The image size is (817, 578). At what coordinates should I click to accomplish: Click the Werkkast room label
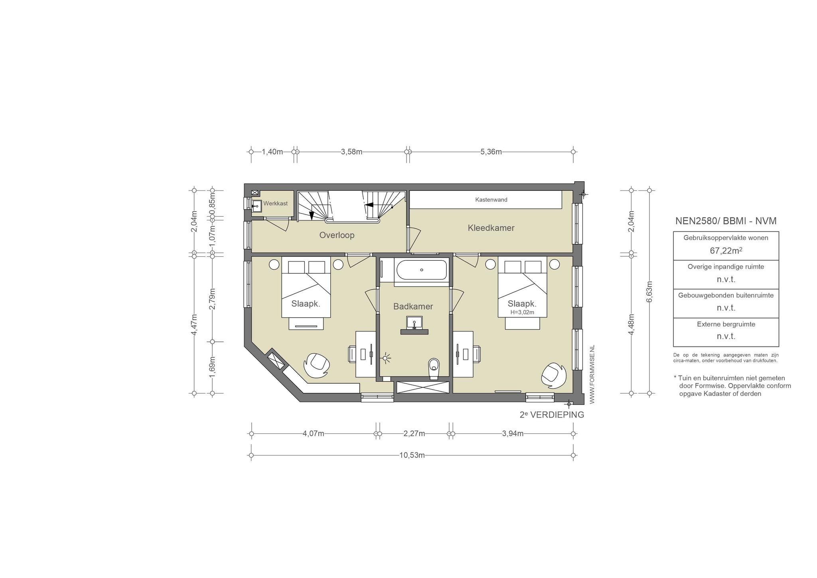pos(275,204)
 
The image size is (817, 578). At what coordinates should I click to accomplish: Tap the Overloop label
pos(337,235)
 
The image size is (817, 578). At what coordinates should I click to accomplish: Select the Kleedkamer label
pos(491,228)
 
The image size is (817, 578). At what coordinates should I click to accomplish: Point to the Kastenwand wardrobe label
pos(491,200)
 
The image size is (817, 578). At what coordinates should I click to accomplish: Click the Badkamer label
pos(413,307)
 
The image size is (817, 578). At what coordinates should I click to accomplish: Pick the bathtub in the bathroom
pos(422,270)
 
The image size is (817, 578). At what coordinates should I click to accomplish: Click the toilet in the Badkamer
pos(433,368)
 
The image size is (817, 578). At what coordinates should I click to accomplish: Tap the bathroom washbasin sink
pos(414,322)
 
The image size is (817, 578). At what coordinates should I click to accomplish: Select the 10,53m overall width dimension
pos(412,455)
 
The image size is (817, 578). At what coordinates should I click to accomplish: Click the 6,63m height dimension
pos(649,292)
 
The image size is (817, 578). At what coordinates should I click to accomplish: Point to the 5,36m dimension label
pos(491,152)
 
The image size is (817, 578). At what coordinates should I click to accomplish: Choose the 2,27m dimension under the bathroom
pos(414,433)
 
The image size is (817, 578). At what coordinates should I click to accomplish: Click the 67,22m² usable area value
pos(726,251)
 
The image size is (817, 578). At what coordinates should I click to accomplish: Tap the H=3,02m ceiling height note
pos(522,312)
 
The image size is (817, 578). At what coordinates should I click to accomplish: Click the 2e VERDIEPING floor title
pos(552,415)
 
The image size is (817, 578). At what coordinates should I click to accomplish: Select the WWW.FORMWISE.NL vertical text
pos(592,374)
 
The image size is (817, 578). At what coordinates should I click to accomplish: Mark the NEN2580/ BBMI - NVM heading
pos(726,221)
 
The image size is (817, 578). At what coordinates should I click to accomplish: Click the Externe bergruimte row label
pos(726,324)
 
